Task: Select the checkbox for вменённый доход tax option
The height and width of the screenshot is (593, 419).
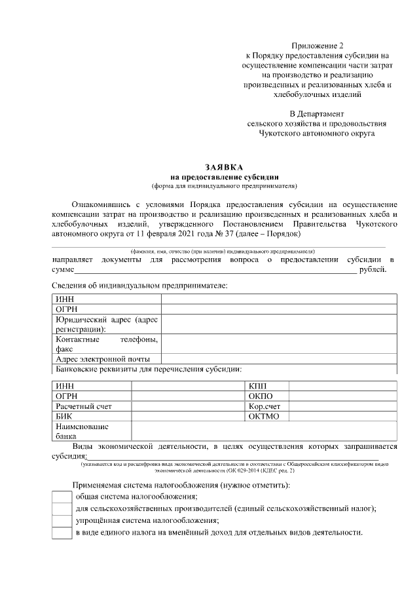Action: (62, 533)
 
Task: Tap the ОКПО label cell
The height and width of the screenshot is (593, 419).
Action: (260, 396)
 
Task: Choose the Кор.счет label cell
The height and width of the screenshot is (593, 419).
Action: (264, 406)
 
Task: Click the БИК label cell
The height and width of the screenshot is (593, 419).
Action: (64, 416)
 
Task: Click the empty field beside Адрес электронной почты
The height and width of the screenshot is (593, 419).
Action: (279, 359)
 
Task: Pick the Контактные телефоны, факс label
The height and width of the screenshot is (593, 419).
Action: (107, 345)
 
